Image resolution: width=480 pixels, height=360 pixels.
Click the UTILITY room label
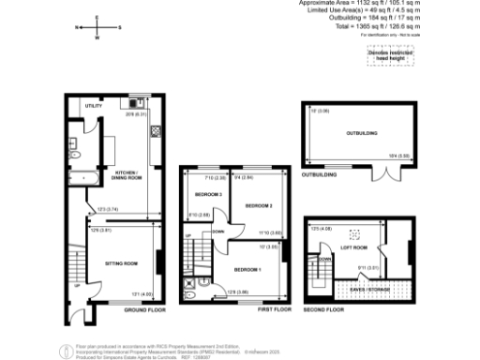coord(93,106)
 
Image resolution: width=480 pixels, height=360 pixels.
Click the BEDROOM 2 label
coord(258,205)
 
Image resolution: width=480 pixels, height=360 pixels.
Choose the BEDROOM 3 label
coord(205,194)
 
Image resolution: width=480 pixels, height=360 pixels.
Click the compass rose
coord(97,28)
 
